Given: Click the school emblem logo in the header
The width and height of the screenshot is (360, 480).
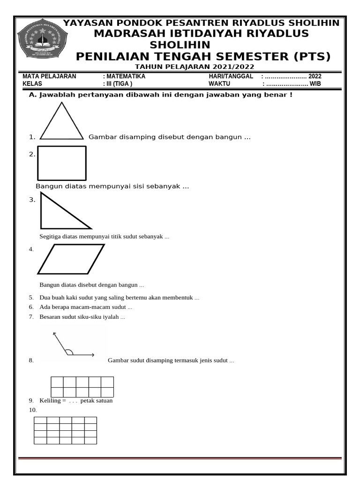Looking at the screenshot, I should click(42, 39).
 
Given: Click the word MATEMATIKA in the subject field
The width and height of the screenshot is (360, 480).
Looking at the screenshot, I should click(126, 76).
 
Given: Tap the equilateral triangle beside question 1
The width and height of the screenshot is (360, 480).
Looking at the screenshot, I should click(62, 123).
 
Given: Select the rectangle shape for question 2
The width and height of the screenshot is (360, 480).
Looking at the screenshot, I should click(62, 163).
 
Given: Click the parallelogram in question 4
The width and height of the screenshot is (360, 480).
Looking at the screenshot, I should click(71, 259).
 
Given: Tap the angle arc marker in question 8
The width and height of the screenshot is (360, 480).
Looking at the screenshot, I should click(68, 352).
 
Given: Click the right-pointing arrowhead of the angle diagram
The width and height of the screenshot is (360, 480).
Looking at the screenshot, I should click(93, 355).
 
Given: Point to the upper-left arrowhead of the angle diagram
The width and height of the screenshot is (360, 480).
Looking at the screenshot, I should click(54, 334).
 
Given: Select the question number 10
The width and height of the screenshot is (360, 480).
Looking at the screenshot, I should click(32, 410).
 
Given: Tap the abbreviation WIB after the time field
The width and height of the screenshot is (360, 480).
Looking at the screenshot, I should click(315, 84).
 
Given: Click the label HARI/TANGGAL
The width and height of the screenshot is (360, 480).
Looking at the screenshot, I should click(231, 76).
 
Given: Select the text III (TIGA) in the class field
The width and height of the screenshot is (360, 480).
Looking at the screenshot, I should click(120, 84).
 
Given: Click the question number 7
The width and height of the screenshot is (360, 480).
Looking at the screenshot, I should click(31, 317).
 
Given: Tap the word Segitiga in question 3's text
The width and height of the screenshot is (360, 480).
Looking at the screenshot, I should click(51, 237).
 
